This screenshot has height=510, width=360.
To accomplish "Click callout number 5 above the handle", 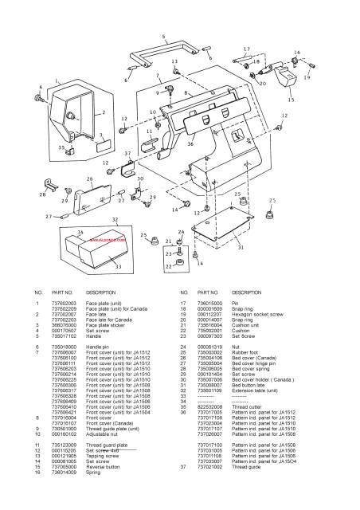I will [163, 37].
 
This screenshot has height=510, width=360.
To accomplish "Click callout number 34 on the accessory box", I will [80, 232].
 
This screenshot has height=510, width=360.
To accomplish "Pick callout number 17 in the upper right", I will [246, 49].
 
